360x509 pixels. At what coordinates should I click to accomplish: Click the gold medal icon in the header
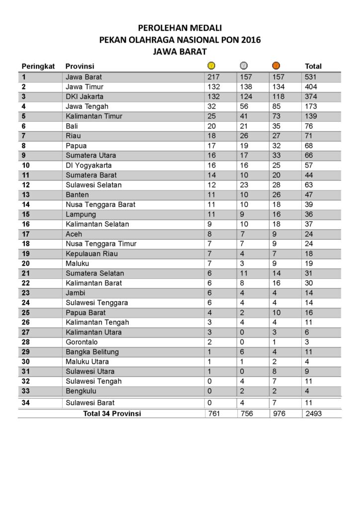(211, 66)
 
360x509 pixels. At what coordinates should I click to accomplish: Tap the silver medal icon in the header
(244, 66)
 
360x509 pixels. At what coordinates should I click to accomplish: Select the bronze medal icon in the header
(276, 66)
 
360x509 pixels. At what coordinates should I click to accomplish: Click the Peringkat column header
(37, 66)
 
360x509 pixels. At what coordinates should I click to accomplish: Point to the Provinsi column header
(80, 66)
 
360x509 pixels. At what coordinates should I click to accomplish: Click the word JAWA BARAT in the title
(180, 51)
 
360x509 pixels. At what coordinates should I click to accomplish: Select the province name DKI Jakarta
(85, 96)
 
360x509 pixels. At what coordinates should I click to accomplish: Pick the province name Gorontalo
(82, 342)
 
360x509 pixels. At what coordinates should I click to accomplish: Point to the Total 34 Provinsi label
(112, 414)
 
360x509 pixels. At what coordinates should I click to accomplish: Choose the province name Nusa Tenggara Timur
(101, 244)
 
